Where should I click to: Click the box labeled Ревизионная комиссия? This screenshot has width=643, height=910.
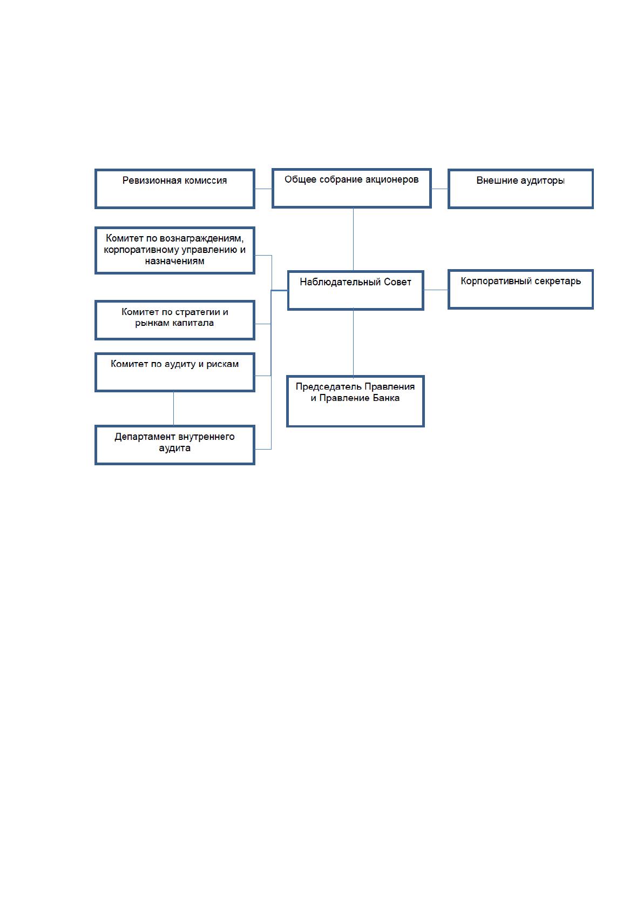click(174, 189)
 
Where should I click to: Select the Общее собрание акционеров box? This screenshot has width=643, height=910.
click(351, 188)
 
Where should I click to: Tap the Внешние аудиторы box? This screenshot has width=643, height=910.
click(520, 189)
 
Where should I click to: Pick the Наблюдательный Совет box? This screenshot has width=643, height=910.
click(356, 291)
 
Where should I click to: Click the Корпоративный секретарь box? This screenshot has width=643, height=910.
click(520, 289)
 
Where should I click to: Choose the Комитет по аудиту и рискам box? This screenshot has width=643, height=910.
click(174, 372)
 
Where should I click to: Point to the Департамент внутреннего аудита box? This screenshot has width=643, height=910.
click(174, 445)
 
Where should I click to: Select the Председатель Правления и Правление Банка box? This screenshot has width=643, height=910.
click(355, 402)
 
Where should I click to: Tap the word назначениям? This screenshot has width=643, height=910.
click(174, 261)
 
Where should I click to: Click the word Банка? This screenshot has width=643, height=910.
click(386, 398)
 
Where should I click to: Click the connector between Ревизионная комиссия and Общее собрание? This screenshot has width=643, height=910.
click(263, 189)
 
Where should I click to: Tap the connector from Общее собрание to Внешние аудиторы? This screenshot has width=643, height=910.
click(439, 189)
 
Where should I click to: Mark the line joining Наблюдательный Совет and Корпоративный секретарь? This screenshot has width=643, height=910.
click(436, 290)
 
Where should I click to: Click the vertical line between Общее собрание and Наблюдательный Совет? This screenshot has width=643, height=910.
click(353, 239)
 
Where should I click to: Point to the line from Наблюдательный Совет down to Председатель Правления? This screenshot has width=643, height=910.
click(353, 343)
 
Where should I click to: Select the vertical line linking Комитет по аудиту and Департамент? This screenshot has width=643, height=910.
click(174, 409)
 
